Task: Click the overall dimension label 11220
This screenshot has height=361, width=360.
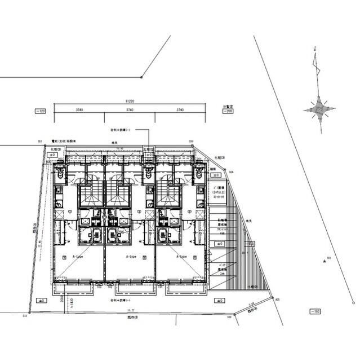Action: pyautogui.click(x=130, y=101)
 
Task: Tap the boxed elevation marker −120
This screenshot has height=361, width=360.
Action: pyautogui.click(x=40, y=112)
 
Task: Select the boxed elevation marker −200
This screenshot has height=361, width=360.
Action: pyautogui.click(x=228, y=112)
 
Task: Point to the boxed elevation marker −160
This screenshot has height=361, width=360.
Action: pyautogui.click(x=315, y=311)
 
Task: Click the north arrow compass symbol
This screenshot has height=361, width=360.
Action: pyautogui.click(x=319, y=108)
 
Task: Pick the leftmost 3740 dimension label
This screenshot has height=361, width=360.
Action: pyautogui.click(x=79, y=109)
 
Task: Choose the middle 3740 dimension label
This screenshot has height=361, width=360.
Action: pyautogui.click(x=130, y=109)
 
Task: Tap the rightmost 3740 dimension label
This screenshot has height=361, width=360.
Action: pyautogui.click(x=180, y=109)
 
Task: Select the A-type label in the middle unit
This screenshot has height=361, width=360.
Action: pyautogui.click(x=130, y=256)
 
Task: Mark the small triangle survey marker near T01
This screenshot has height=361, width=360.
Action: pyautogui.click(x=325, y=261)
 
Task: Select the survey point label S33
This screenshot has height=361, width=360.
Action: pyautogui.click(x=25, y=316)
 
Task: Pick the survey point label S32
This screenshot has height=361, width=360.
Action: pyautogui.click(x=229, y=317)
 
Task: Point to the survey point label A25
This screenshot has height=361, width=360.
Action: pyautogui.click(x=277, y=301)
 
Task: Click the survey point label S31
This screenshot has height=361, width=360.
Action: pyautogui.click(x=40, y=141)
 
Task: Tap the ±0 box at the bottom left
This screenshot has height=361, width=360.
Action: pyautogui.click(x=40, y=301)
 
